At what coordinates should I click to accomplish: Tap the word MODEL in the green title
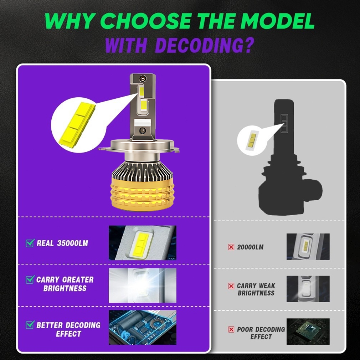pos(277,21)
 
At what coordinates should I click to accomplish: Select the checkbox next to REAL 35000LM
pos(30,243)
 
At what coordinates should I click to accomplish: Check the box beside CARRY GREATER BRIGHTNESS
pos(30,279)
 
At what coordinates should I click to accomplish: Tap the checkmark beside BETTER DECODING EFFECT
pos(30,325)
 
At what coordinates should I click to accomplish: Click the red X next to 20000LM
pos(231,247)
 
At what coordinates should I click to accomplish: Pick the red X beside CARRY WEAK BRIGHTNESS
pos(231,286)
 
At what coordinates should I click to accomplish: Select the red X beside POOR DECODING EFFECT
pos(231,329)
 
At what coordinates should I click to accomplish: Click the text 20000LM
pos(250,247)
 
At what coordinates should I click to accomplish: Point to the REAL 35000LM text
pos(62,243)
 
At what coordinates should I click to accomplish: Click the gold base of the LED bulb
pos(142,194)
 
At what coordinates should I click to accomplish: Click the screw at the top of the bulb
pos(142,78)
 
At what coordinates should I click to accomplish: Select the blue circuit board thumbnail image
pos(143,328)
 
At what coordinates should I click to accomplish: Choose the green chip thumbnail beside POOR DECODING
pos(308,331)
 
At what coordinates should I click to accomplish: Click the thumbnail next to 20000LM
pos(308,247)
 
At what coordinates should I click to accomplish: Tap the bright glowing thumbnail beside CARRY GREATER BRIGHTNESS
pos(143,286)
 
